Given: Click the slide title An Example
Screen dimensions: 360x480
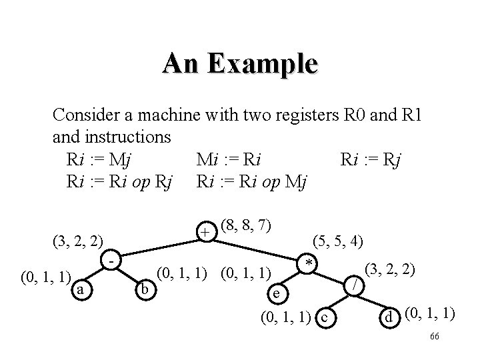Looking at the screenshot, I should [240, 65].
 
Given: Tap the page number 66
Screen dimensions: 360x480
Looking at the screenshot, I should [434, 336].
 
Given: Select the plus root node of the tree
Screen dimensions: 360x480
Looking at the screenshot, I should [207, 231].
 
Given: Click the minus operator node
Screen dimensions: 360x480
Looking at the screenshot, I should [114, 257].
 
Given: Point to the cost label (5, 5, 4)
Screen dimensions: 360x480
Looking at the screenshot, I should [338, 241].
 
